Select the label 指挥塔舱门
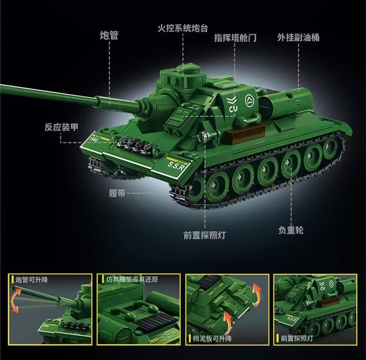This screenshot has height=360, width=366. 235,38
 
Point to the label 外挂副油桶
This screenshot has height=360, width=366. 298,37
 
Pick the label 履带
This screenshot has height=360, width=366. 117,193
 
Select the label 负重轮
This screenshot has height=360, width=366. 291,229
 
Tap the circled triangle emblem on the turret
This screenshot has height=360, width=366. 249,101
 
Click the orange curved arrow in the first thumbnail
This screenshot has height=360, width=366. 16,299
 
